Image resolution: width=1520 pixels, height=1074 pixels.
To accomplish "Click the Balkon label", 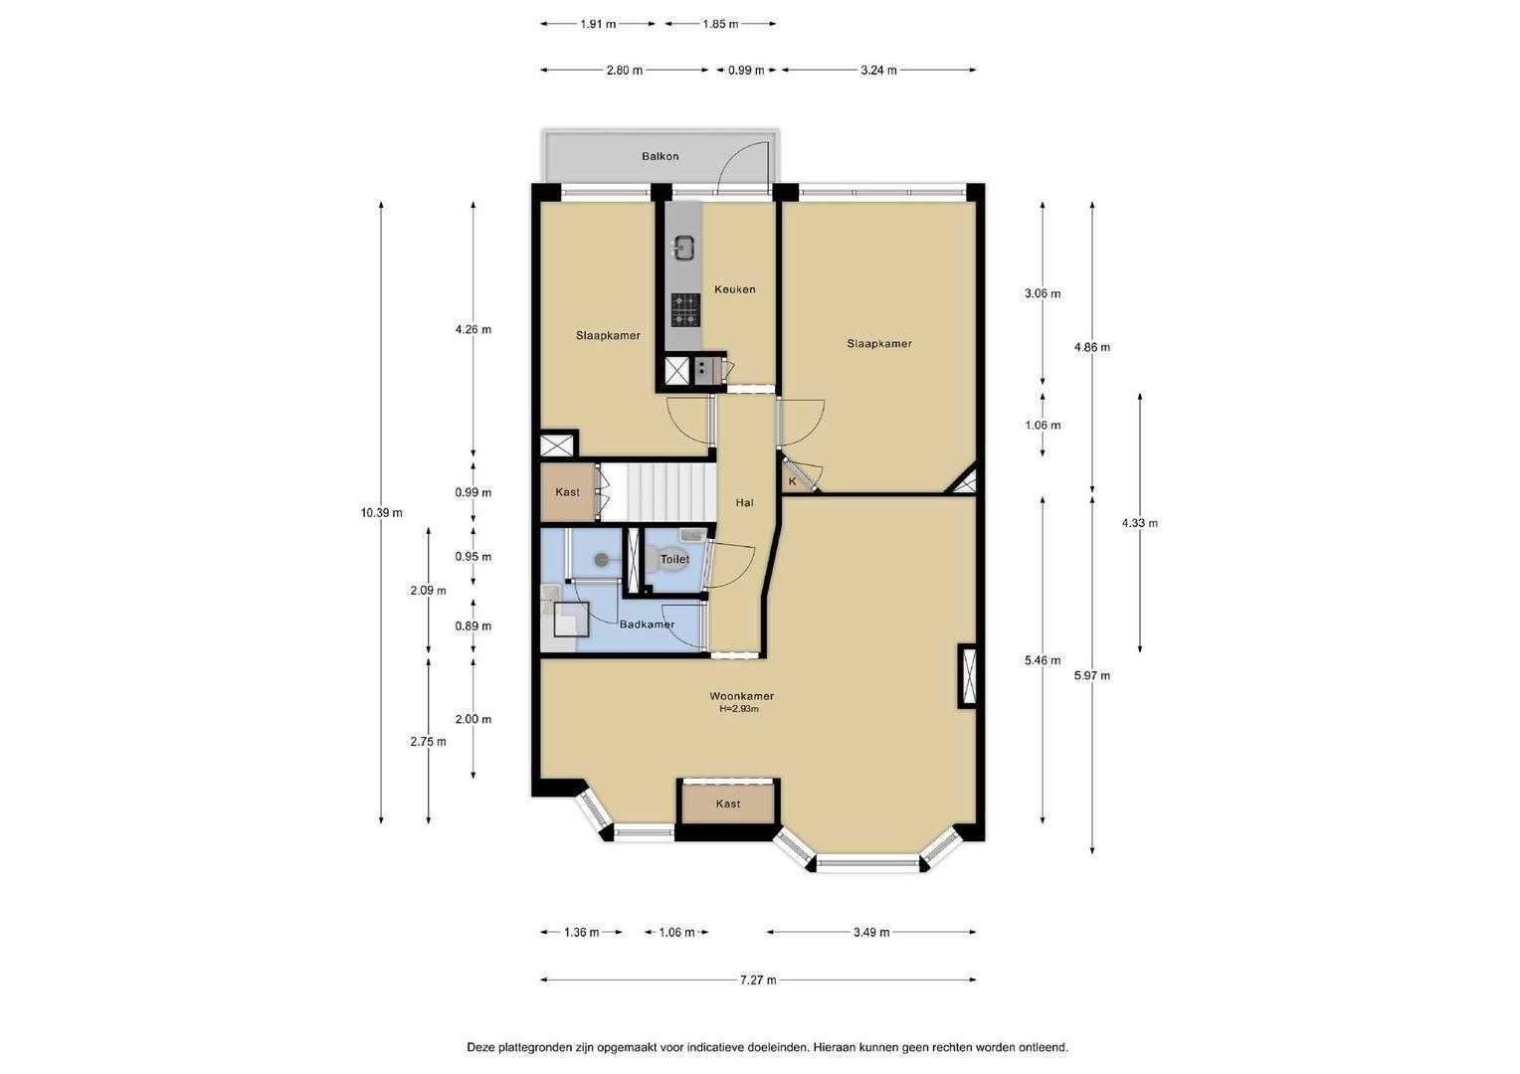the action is click(661, 156).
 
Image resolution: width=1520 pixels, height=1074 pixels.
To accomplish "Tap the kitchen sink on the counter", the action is click(683, 248).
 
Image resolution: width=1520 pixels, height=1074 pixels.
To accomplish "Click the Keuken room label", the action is click(735, 289).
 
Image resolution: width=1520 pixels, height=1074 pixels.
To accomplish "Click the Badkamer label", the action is click(647, 625).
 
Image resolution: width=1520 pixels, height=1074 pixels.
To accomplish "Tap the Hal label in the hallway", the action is click(744, 503).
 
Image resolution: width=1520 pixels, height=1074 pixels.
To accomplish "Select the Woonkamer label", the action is click(742, 695).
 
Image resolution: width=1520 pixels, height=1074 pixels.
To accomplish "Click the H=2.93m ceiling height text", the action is click(739, 709).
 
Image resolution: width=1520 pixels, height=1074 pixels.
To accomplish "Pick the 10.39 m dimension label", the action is click(381, 513).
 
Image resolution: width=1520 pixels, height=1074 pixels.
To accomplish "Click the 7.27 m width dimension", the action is click(758, 980).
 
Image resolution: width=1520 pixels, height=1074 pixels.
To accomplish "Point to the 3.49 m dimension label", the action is click(871, 932).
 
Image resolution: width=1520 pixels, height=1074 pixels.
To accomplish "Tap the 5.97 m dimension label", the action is click(1092, 675).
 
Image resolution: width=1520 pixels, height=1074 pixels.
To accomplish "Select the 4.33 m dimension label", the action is click(1139, 523).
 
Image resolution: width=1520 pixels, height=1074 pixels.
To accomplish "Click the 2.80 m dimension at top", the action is click(625, 70).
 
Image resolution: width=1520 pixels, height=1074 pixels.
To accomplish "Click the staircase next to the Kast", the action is click(659, 492).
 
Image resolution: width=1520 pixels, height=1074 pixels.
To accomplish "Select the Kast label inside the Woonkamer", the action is click(728, 804).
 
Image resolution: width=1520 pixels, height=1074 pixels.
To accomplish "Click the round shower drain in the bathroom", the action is click(601, 560).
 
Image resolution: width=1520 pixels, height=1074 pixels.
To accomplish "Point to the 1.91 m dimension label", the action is click(598, 24).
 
